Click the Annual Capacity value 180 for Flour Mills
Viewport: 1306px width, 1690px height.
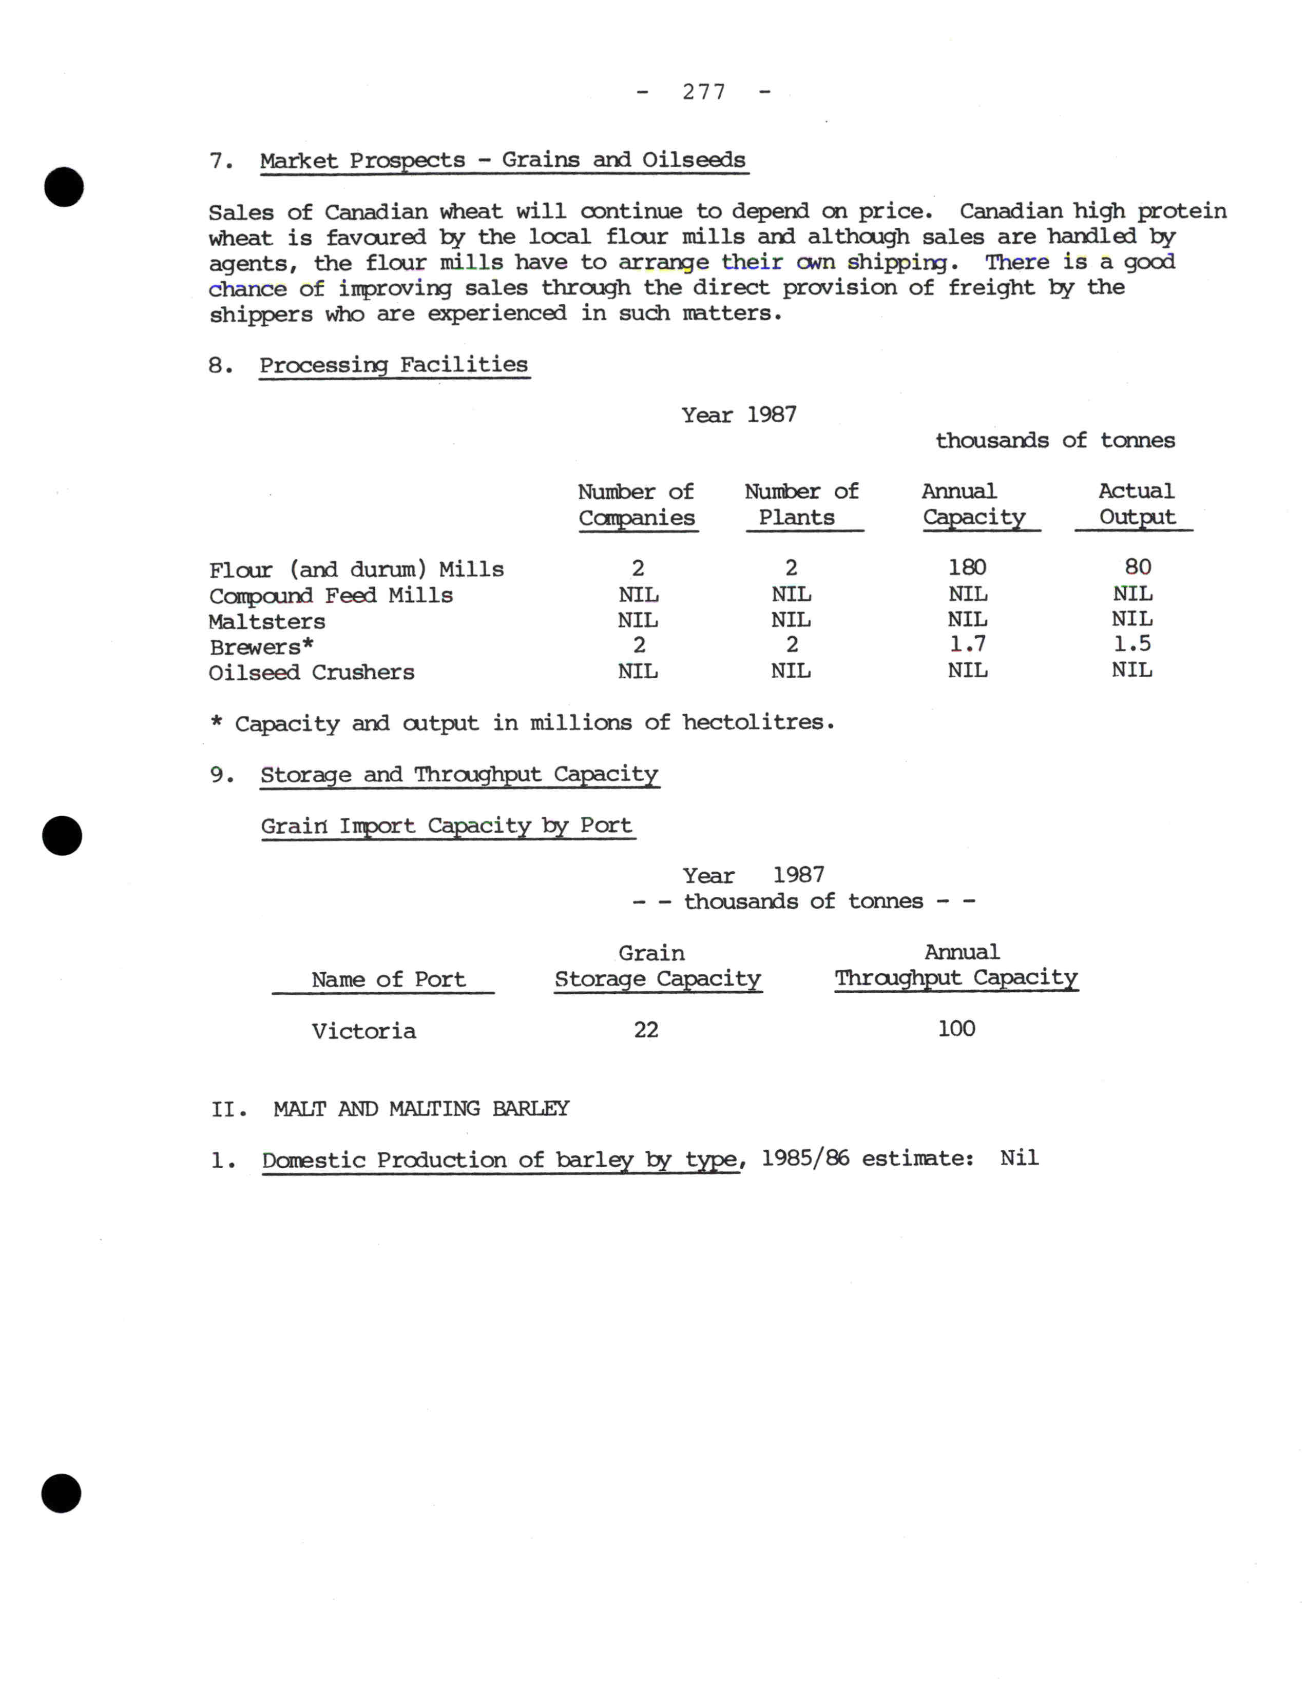[x=967, y=567]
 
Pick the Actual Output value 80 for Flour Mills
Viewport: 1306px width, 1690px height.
[x=1137, y=567]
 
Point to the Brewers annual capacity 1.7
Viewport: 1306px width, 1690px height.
[x=968, y=644]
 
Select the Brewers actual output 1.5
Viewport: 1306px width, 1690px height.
[x=1132, y=644]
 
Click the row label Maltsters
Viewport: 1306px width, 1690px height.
[x=267, y=621]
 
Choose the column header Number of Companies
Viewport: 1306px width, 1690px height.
[x=637, y=504]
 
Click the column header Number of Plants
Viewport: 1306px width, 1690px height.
[x=801, y=504]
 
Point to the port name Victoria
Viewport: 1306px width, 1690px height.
[x=364, y=1031]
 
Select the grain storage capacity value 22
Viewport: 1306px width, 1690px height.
[x=646, y=1030]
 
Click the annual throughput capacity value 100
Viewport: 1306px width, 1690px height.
[x=956, y=1029]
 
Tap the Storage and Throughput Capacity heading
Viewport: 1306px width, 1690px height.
[x=459, y=775]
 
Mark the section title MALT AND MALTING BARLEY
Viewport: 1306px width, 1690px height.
[x=421, y=1109]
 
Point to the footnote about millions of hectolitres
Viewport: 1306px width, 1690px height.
[x=523, y=723]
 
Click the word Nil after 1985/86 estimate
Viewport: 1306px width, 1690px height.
[x=1019, y=1158]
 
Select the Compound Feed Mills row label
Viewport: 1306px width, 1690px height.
[x=331, y=596]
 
